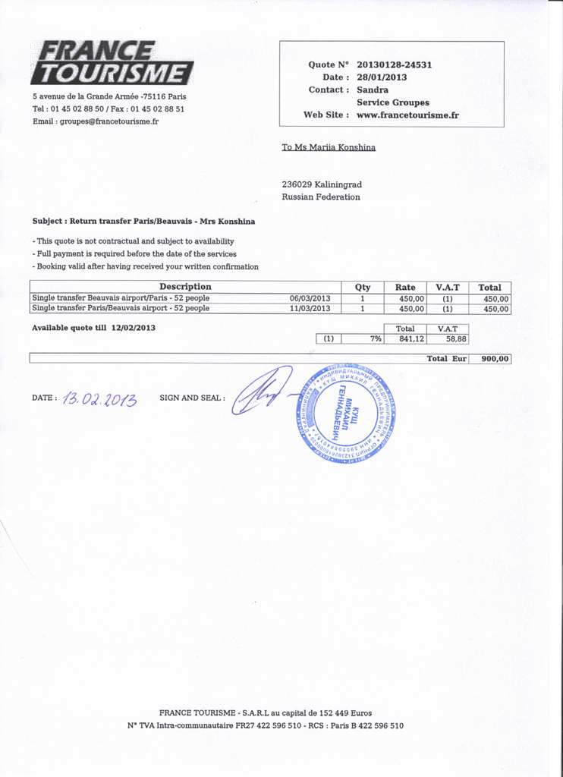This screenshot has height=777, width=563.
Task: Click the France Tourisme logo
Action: point(112,62)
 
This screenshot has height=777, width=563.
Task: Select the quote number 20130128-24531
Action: point(394,65)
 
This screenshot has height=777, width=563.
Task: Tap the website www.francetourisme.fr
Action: point(407,115)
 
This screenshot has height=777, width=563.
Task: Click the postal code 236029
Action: point(296,184)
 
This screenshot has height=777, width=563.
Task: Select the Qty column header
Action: point(363,287)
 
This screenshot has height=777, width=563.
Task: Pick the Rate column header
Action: point(405,287)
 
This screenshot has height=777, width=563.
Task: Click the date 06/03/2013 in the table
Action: point(310,298)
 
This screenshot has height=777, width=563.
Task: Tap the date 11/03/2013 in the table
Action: point(310,309)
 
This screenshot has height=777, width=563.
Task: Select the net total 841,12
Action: point(411,339)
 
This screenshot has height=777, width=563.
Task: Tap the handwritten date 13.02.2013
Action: point(101,398)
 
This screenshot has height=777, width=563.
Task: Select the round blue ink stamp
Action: point(351,414)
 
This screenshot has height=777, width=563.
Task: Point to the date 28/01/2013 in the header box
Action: point(382,77)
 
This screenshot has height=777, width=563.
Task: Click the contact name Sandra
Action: point(373,90)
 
